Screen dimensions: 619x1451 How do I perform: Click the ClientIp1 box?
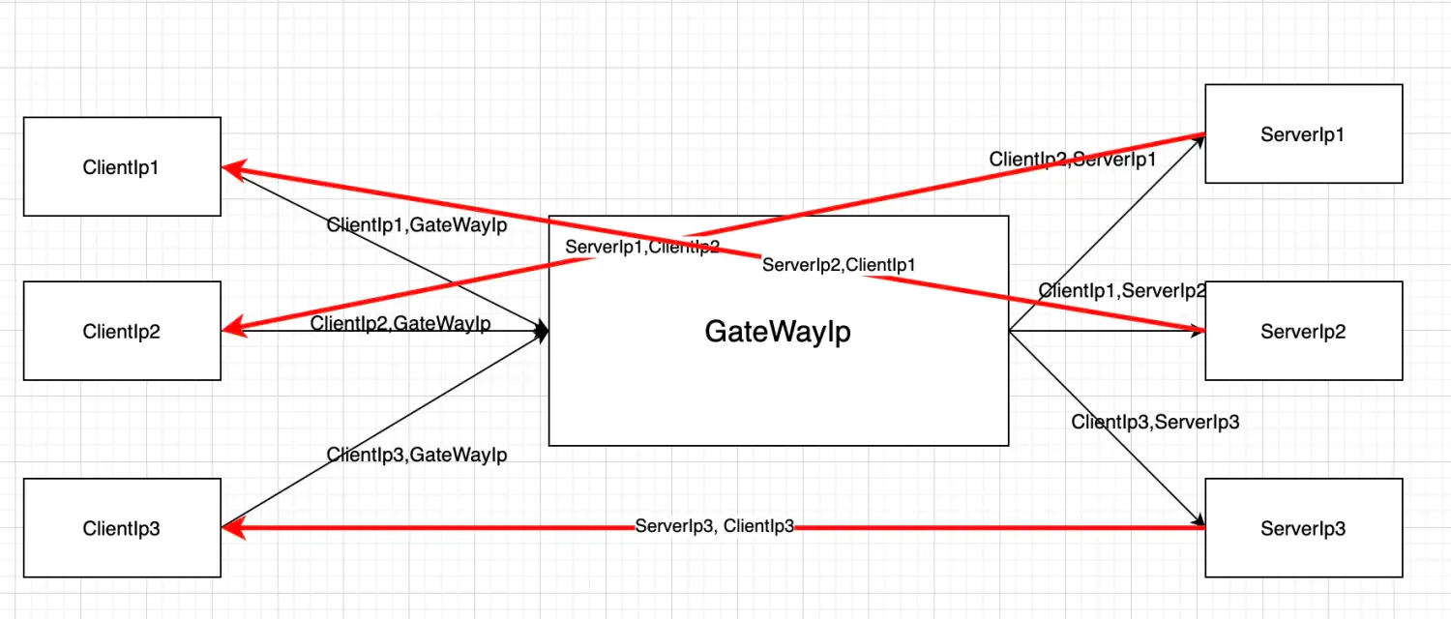122,166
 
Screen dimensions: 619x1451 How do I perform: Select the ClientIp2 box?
122,331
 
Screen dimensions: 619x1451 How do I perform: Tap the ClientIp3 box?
122,528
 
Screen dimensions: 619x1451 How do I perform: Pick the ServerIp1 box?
1303,133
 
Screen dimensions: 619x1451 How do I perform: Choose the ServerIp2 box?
1303,331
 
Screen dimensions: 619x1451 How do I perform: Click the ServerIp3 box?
1303,528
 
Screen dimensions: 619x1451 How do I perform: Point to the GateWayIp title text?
778,332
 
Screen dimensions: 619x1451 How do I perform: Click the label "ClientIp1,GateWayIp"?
417,225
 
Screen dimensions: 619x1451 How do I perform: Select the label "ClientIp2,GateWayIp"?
400,324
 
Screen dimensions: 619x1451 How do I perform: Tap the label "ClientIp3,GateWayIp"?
417,455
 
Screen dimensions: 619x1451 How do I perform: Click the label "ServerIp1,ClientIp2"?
642,247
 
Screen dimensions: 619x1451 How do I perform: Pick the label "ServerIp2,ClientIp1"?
839,264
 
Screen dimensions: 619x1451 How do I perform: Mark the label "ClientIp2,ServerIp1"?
1073,160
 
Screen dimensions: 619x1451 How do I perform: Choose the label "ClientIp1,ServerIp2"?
1122,290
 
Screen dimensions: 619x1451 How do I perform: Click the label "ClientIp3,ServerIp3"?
1155,422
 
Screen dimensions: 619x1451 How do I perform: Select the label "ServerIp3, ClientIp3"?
714,526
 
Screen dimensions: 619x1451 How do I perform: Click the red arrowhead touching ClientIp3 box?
231,528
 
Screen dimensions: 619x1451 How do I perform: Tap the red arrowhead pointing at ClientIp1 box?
232,168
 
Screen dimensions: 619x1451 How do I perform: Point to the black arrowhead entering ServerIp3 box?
1199,519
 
